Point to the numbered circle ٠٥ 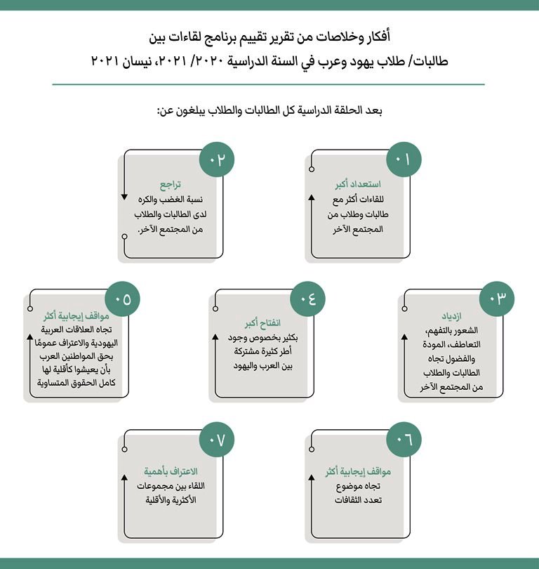(123, 298)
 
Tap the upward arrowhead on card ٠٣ (404, 338)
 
